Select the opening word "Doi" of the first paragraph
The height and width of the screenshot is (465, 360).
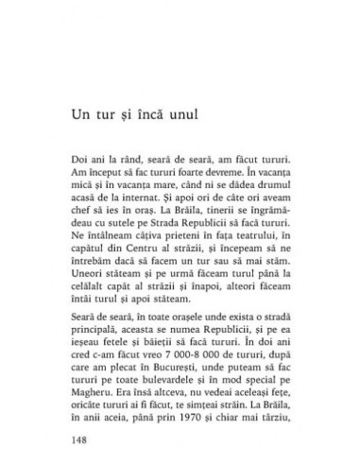click(82, 150)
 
